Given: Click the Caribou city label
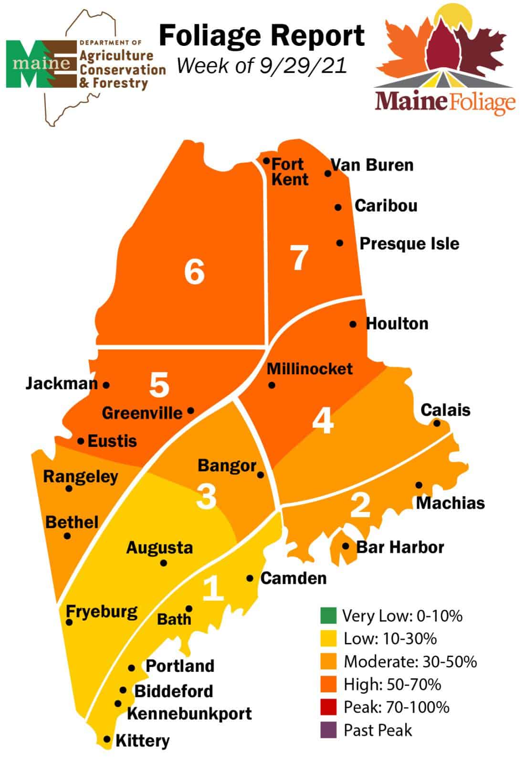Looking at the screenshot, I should click(x=386, y=206).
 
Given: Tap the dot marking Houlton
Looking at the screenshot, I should click(x=353, y=324).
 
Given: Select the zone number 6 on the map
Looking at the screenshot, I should click(x=194, y=272).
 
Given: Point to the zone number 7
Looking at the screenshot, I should click(x=299, y=257).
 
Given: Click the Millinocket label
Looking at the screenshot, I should click(x=309, y=369).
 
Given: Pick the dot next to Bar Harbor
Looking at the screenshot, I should click(x=346, y=546).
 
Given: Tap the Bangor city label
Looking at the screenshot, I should click(x=227, y=466).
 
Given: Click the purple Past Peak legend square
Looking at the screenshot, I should click(x=329, y=730).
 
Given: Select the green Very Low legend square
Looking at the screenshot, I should click(x=329, y=615).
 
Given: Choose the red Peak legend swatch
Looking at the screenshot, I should click(x=329, y=707).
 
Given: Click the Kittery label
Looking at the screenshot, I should click(x=142, y=741).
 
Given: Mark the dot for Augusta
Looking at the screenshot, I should click(x=164, y=563).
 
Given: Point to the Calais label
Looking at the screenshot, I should click(x=445, y=410).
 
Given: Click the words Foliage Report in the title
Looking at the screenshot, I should click(x=262, y=36).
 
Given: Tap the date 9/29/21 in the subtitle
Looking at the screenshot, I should click(x=303, y=66).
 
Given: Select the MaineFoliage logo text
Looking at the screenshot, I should click(x=445, y=102).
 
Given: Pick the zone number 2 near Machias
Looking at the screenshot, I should click(x=360, y=505).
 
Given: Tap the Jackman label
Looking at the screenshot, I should click(x=61, y=383).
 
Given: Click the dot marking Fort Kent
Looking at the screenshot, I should click(x=266, y=161).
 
